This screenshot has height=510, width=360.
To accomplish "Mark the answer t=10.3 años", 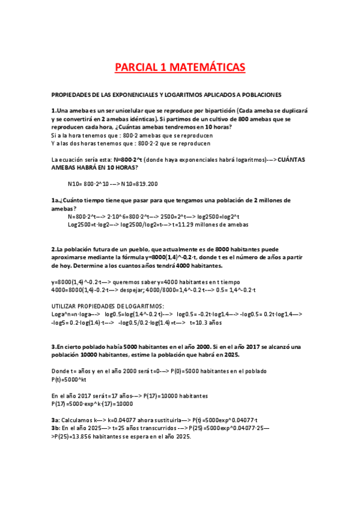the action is point(206,322).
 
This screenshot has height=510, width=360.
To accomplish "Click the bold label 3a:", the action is point(56,420).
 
